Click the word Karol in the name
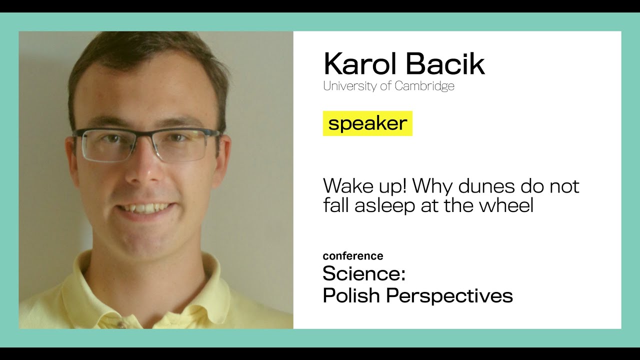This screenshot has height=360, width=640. tap(359, 64)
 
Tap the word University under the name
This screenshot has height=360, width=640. tap(349, 86)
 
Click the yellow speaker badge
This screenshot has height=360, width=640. tap(367, 123)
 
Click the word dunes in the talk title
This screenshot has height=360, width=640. tap(477, 186)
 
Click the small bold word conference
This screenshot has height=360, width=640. tap(353, 256)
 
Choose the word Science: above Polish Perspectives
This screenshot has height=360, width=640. tap(363, 273)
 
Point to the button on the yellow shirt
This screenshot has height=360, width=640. tap(120, 324)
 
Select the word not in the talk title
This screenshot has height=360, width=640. tap(564, 186)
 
